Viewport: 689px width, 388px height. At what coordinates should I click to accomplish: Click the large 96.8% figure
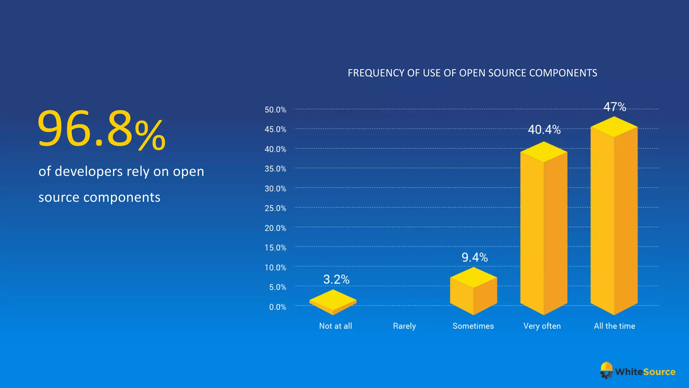101,130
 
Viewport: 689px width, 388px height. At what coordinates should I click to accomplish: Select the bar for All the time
614,219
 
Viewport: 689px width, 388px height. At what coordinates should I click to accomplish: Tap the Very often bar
544,232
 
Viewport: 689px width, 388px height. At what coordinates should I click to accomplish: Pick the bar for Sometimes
473,291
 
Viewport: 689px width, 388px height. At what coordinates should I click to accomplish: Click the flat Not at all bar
333,301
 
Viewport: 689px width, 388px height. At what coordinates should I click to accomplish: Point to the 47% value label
615,107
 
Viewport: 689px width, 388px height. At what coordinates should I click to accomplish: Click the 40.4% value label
544,130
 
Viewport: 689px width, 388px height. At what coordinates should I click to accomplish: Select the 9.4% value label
474,258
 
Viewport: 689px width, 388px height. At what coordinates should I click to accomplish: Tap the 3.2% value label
336,280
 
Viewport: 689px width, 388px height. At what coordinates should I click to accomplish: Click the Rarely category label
404,326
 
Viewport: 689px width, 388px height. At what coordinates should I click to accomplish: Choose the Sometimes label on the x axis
473,326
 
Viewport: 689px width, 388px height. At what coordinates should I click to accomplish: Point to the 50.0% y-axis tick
275,110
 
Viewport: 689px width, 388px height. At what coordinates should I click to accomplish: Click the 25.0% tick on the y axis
275,208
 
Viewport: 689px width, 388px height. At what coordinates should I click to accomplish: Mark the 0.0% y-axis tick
278,307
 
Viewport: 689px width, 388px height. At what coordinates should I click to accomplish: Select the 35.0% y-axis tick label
275,169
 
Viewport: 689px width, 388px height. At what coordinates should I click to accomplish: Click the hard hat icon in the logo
606,370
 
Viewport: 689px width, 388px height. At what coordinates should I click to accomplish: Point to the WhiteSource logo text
645,372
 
